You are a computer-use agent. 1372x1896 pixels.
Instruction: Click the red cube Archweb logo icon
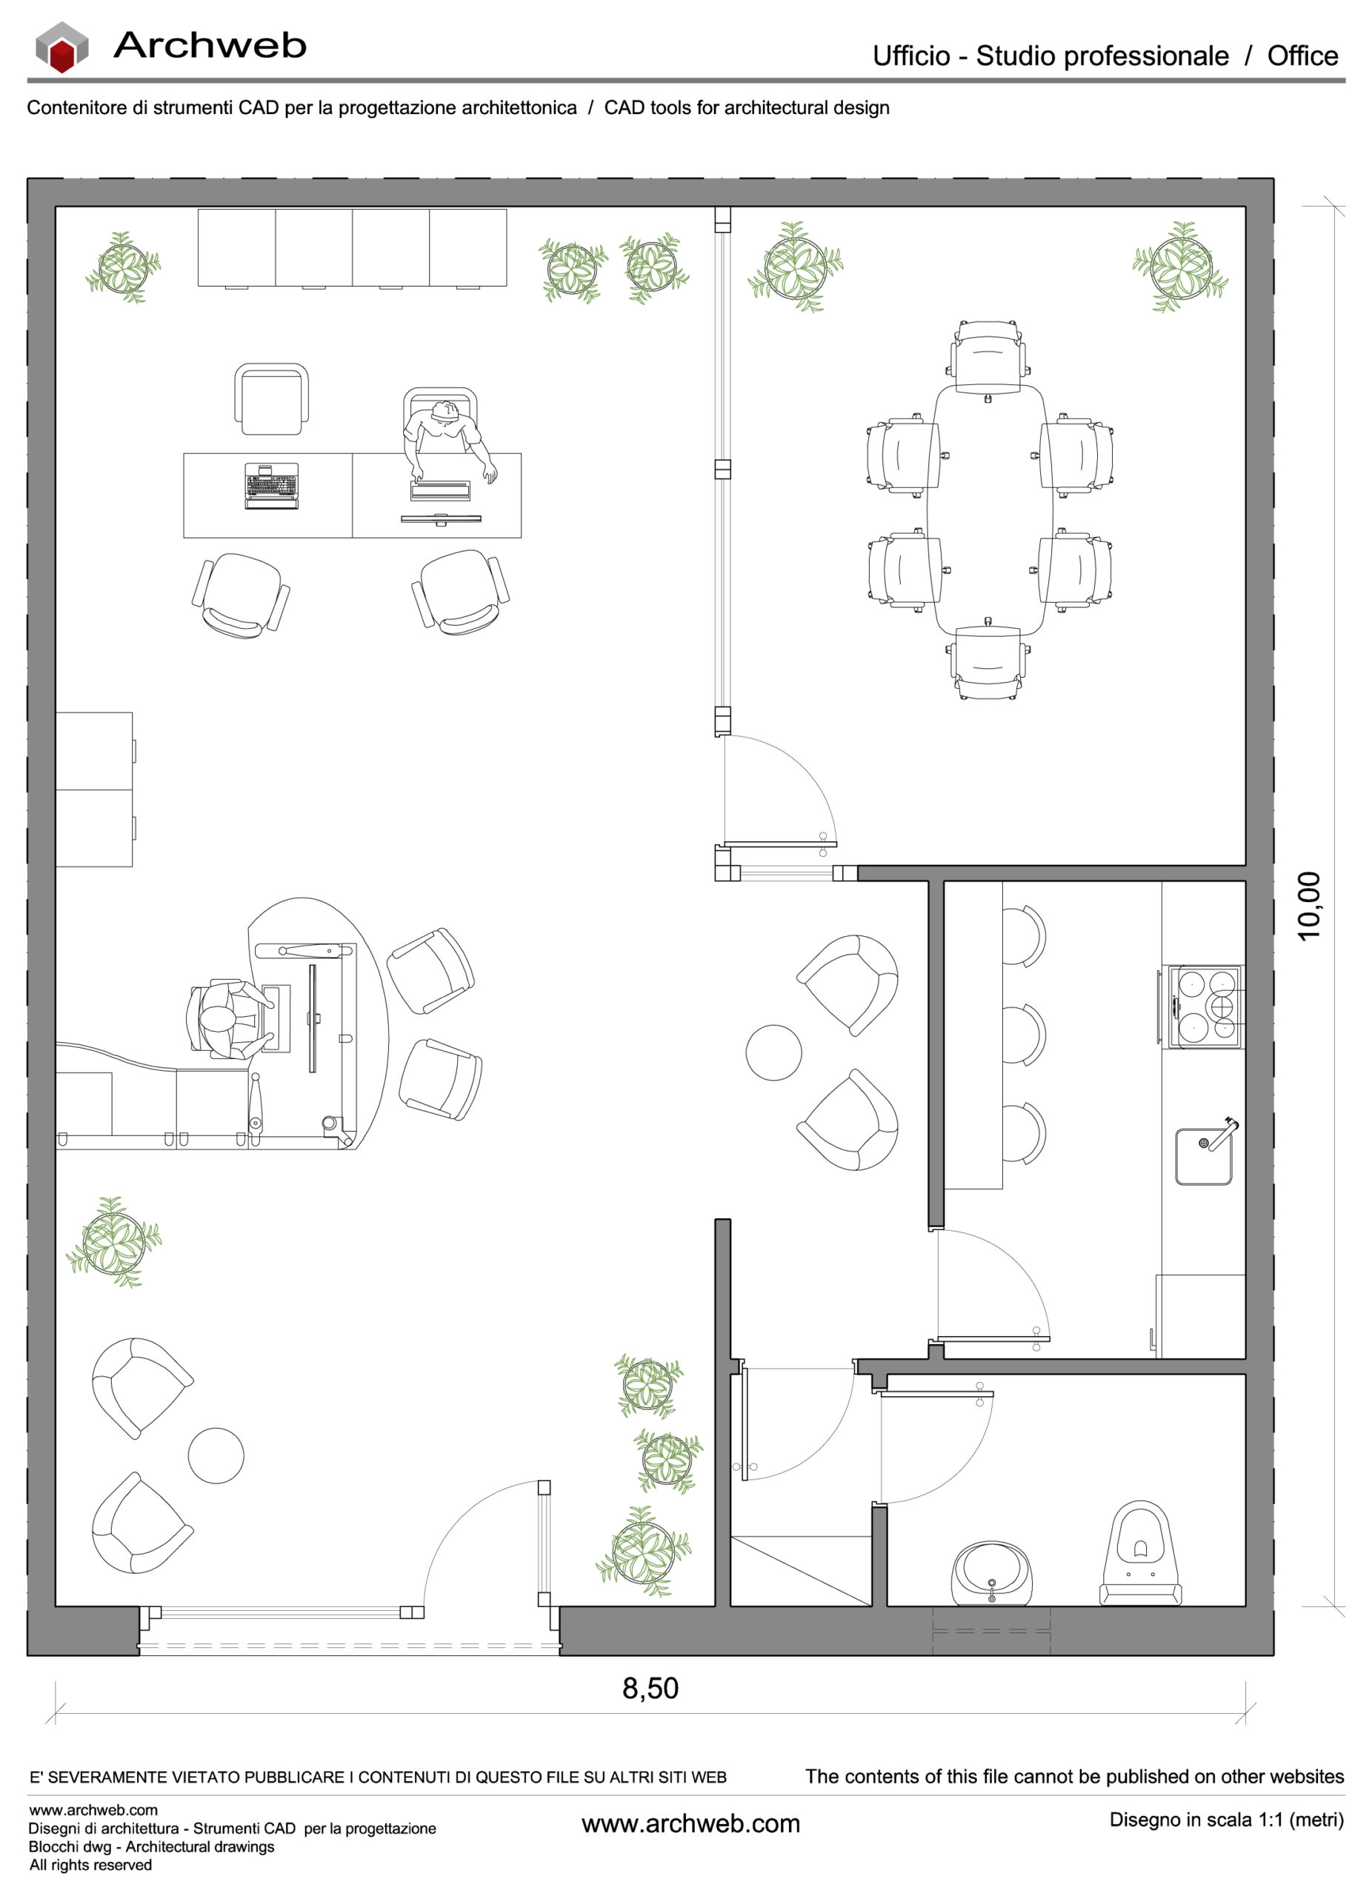(61, 47)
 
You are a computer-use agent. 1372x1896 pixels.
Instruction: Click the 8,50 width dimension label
(650, 1688)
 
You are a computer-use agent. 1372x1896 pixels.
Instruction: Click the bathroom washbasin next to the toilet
(990, 1573)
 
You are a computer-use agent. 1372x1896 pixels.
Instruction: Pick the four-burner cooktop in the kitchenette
(1205, 1006)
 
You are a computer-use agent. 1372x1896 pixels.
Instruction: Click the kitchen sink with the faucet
(1203, 1155)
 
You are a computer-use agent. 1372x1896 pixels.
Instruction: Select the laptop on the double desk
(271, 486)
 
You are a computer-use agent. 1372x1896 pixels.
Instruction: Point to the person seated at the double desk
(443, 435)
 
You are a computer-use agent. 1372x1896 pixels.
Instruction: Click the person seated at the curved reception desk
(222, 1019)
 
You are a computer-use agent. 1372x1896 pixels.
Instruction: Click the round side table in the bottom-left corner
(216, 1455)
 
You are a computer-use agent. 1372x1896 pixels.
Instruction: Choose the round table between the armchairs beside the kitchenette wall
(773, 1052)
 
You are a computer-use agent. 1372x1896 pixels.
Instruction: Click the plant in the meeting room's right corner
(1179, 267)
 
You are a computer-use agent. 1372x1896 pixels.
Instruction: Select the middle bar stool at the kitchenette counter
(1023, 1034)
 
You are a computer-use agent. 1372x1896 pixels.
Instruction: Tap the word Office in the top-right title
(1302, 56)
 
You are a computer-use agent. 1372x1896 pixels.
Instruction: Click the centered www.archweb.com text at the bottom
(690, 1823)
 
